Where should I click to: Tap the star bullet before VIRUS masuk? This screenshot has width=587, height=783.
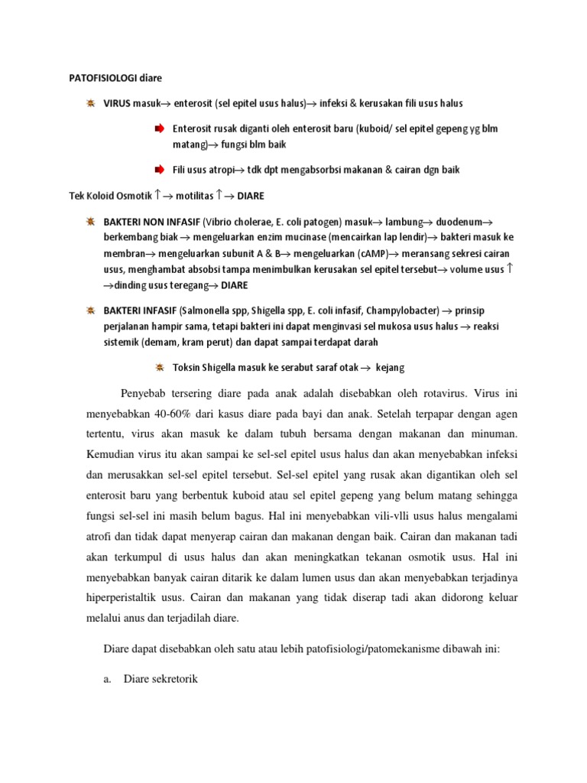click(90, 102)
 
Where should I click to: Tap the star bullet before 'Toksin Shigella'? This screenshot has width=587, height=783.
click(159, 367)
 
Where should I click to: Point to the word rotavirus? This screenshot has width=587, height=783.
click(430, 395)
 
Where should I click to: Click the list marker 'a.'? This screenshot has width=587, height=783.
click(107, 677)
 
